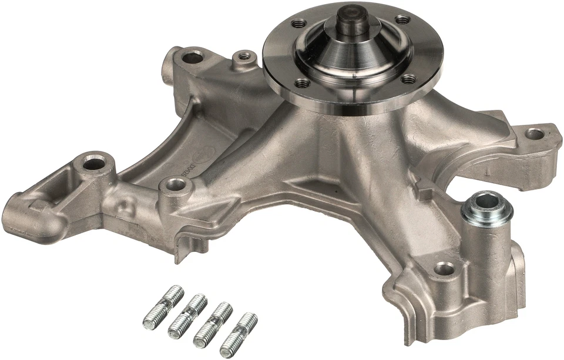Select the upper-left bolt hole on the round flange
pos(299,23)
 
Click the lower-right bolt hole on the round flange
pos(409,79)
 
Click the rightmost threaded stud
pos(239,334)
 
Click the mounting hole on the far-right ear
pos(534,134)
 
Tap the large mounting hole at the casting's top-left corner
pos(192,58)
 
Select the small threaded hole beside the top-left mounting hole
pos(244,56)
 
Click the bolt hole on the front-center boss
pos(174,186)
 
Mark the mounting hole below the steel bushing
pos(445,269)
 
